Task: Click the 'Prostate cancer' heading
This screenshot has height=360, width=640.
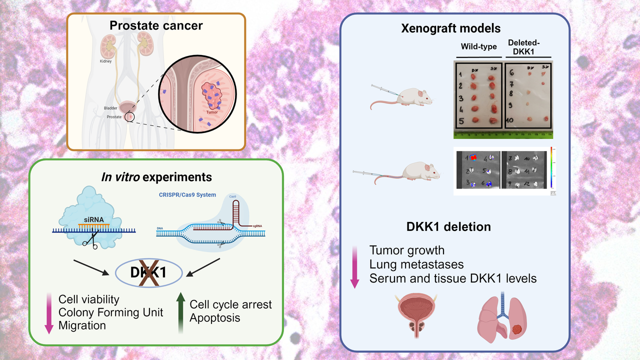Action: point(156,25)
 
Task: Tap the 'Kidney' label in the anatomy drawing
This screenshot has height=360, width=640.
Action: point(106,61)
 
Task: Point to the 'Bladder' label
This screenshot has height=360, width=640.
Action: point(110,108)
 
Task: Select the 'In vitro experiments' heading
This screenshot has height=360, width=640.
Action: point(156,177)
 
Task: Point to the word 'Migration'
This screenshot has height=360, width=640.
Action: point(82,325)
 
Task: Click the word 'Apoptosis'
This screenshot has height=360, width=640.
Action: point(215,317)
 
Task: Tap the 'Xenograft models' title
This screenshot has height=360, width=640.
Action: point(451,28)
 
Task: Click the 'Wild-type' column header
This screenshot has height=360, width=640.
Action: point(478,46)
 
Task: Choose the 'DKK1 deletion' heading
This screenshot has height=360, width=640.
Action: point(448,226)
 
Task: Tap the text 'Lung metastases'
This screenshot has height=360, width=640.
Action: point(416,264)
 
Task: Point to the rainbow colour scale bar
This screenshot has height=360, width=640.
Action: point(551,169)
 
